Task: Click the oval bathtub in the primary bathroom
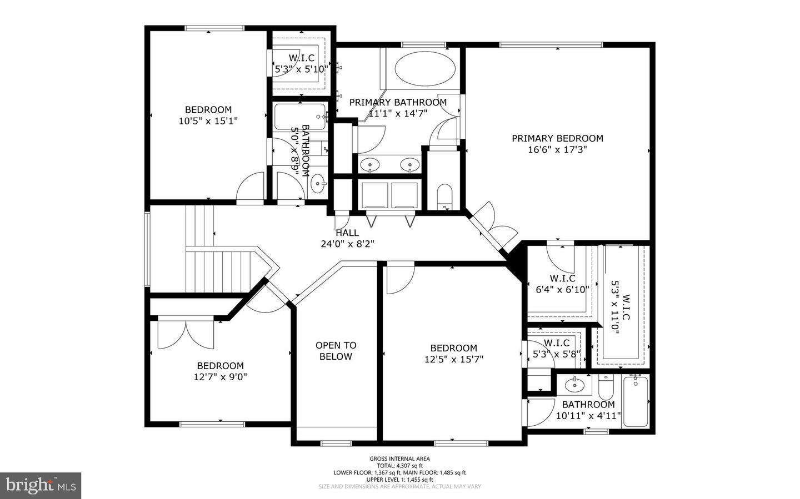click(x=425, y=69)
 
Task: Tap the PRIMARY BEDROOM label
click(x=557, y=138)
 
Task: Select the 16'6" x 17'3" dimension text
click(x=557, y=150)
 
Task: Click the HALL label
click(x=347, y=233)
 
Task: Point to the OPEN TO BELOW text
click(x=336, y=351)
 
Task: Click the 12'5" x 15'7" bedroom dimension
click(x=454, y=359)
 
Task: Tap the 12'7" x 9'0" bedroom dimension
click(x=220, y=377)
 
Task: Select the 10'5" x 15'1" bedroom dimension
click(x=208, y=121)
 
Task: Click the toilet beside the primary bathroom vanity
click(x=445, y=196)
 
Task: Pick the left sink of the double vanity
click(x=369, y=164)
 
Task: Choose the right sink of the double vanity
click(x=411, y=164)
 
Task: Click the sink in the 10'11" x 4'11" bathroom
click(x=572, y=384)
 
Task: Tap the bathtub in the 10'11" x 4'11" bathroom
click(x=636, y=401)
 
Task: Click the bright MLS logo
click(x=41, y=486)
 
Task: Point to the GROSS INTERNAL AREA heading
click(x=399, y=458)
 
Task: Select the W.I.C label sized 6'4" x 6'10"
click(x=562, y=278)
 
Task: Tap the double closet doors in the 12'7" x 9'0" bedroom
click(x=186, y=334)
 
